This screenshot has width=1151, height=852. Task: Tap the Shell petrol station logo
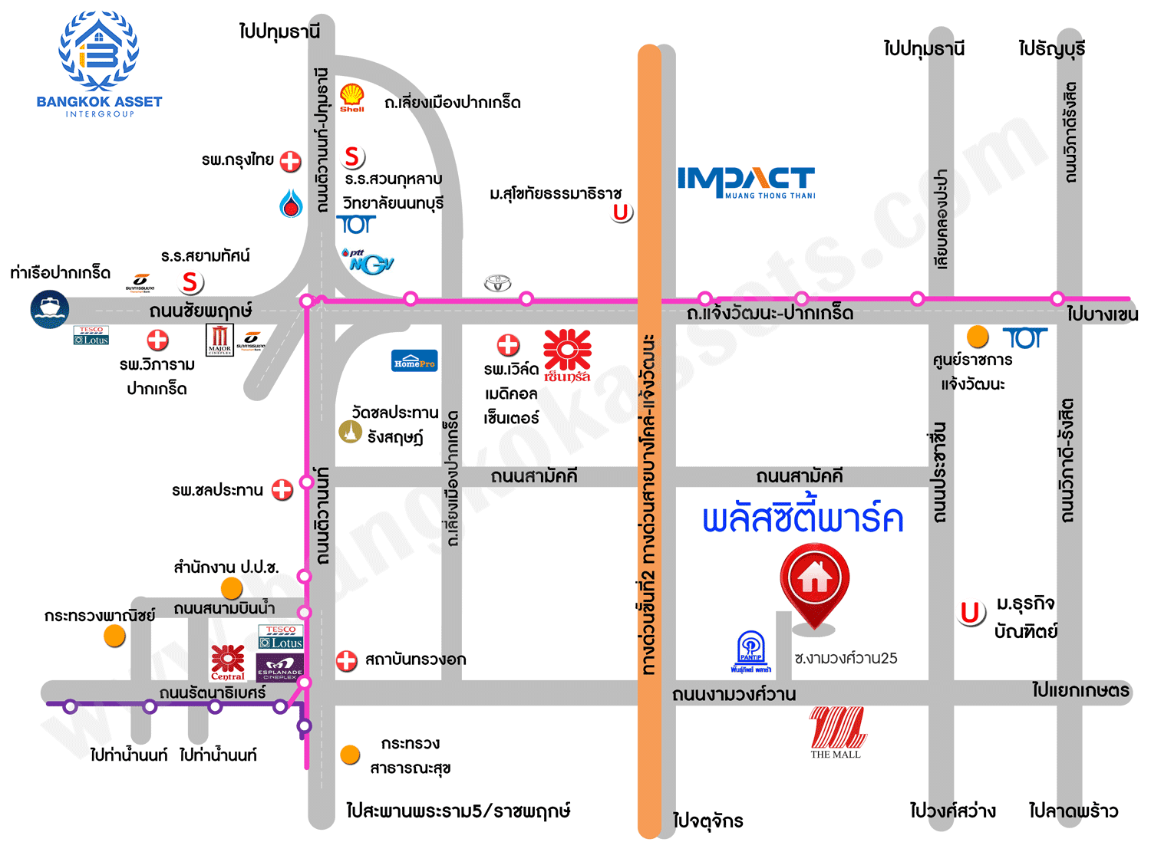(x=352, y=97)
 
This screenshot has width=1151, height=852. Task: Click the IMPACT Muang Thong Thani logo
(x=746, y=183)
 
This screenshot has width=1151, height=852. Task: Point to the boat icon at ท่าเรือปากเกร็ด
(x=50, y=310)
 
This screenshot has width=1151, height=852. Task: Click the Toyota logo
(x=497, y=284)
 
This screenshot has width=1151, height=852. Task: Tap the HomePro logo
(x=414, y=361)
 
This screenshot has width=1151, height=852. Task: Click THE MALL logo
(x=836, y=732)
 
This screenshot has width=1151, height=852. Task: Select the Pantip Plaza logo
(x=750, y=652)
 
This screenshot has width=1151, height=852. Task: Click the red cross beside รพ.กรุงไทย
(x=290, y=161)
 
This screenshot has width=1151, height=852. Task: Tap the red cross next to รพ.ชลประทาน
(x=282, y=489)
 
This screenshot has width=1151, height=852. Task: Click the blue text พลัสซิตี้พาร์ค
(x=803, y=519)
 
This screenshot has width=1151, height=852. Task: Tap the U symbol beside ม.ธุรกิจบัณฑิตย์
(x=971, y=613)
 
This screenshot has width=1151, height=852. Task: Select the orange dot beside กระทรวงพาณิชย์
(x=114, y=636)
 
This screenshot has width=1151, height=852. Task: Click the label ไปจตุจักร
(x=707, y=821)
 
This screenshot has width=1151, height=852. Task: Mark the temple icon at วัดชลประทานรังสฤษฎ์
(x=351, y=433)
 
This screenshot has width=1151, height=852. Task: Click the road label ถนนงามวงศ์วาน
(x=734, y=695)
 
